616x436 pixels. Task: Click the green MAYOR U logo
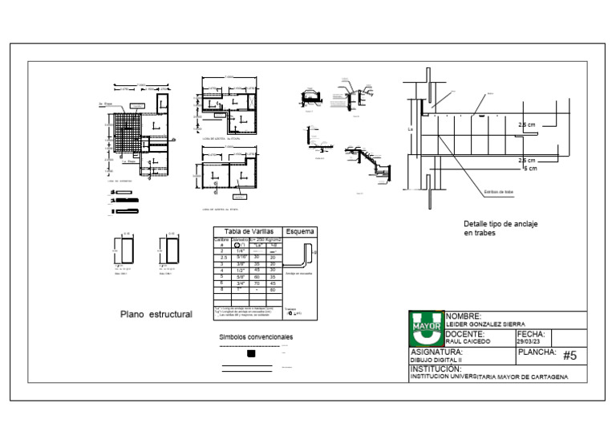tap(426, 328)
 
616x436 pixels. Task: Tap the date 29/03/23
tap(529, 341)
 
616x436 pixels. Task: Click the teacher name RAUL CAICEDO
tap(467, 341)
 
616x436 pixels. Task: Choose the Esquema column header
tap(300, 231)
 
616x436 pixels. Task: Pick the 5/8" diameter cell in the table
tap(241, 276)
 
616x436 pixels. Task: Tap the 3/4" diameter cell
tap(241, 283)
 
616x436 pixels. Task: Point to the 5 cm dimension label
tap(529, 169)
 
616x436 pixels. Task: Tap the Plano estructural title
tap(156, 315)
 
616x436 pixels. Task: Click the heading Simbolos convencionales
tap(256, 337)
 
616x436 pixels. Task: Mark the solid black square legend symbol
tap(251, 353)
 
